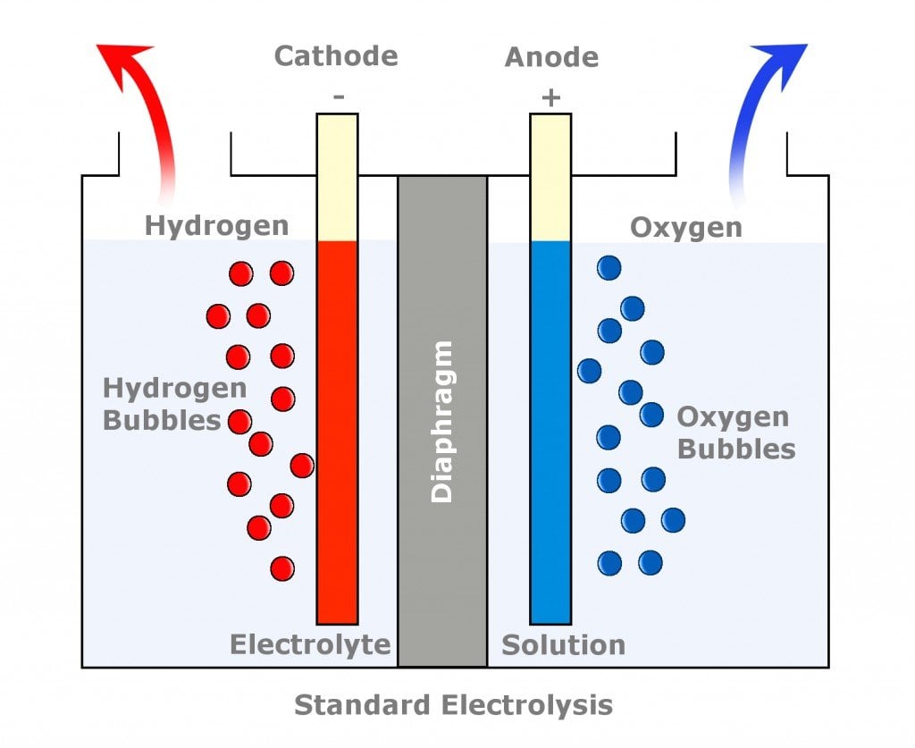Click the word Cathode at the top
pyautogui.click(x=335, y=56)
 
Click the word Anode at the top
pyautogui.click(x=551, y=58)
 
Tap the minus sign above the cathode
pyautogui.click(x=338, y=95)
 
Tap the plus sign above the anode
pyautogui.click(x=550, y=97)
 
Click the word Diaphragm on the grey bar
pyautogui.click(x=442, y=421)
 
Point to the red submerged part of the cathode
pyautogui.click(x=338, y=429)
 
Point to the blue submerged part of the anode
pyautogui.click(x=550, y=429)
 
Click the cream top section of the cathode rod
pyautogui.click(x=338, y=177)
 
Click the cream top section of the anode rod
pyautogui.click(x=550, y=177)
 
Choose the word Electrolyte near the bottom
pyautogui.click(x=310, y=644)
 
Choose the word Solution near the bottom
pyautogui.click(x=563, y=644)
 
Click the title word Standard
pyautogui.click(x=363, y=705)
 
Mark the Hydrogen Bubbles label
pyautogui.click(x=162, y=404)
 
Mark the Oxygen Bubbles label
pyautogui.click(x=735, y=433)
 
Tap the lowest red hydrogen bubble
pyautogui.click(x=282, y=568)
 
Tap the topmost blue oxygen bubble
pyautogui.click(x=609, y=267)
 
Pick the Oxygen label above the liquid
pyautogui.click(x=685, y=227)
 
